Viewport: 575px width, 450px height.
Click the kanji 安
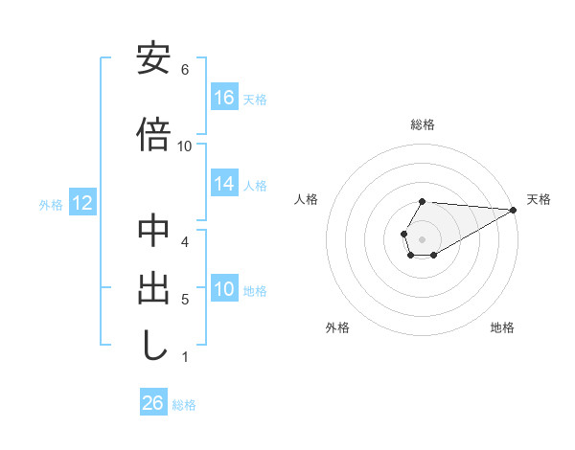154,59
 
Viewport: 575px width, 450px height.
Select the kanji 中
154,232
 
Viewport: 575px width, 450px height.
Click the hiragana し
154,347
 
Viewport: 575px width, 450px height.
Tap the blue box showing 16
224,98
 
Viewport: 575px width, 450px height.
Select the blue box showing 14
224,184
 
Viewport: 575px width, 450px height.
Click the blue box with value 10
224,290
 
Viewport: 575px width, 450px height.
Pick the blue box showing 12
81,203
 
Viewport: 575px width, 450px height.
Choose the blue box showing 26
153,403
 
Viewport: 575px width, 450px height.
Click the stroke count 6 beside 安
184,70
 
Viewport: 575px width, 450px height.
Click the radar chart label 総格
423,124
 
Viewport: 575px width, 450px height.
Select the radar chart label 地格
502,328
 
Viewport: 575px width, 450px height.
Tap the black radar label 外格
337,328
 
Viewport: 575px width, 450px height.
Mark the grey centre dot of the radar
423,238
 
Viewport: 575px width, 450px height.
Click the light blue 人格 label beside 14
255,185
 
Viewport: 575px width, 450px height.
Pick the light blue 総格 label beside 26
184,405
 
